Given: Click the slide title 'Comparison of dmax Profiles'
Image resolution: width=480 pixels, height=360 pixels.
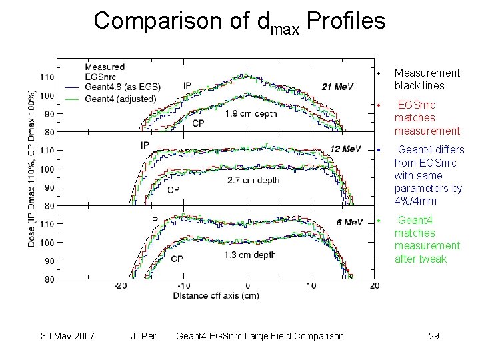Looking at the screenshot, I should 239,22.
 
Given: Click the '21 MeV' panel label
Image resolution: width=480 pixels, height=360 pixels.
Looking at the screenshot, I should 337,87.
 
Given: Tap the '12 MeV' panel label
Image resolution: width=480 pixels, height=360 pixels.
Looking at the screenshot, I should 346,148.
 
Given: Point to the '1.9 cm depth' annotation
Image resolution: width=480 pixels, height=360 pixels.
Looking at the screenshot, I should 214,113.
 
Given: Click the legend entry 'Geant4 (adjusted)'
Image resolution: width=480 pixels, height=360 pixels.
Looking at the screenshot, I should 120,99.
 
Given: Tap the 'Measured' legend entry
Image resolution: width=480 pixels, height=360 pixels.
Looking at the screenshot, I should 105,66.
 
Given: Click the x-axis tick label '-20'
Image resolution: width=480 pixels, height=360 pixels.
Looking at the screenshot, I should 121,285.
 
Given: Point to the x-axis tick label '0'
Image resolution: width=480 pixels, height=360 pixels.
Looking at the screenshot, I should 247,285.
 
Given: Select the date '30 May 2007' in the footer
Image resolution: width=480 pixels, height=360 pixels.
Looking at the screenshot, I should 67,335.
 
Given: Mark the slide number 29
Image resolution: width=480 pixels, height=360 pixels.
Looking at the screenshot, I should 433,335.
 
